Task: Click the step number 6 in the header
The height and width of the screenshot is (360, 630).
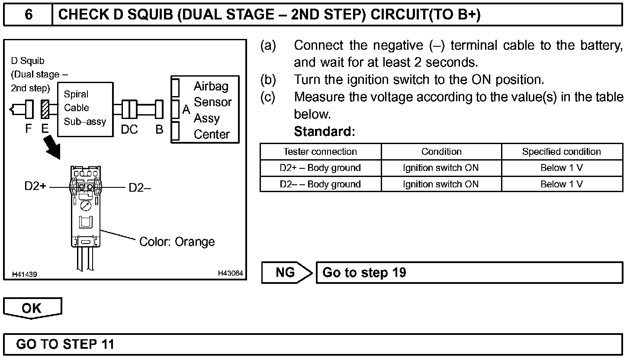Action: [28, 15]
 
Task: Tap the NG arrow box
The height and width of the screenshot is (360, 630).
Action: [286, 273]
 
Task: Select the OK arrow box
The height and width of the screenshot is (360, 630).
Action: [32, 308]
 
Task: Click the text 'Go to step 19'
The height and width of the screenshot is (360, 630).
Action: [364, 273]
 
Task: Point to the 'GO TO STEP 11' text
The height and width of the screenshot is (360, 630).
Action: [65, 344]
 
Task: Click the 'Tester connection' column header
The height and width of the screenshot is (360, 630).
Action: [320, 152]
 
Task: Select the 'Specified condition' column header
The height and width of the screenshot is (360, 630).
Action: [561, 152]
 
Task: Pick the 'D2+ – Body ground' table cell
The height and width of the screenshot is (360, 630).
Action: [320, 168]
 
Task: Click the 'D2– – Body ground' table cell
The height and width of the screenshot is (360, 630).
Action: [320, 184]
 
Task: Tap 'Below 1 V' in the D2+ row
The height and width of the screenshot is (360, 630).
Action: [561, 168]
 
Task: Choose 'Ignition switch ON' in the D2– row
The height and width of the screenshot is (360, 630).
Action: [440, 184]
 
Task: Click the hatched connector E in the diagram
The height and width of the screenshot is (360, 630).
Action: [45, 109]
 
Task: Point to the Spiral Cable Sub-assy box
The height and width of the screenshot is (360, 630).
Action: [85, 108]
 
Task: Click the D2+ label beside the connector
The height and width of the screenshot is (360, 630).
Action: [35, 187]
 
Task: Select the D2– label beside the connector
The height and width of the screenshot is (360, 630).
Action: [140, 187]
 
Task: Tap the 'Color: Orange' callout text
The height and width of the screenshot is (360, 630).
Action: [177, 241]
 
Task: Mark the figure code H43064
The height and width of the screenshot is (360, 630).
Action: [231, 273]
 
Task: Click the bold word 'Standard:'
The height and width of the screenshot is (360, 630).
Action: [324, 132]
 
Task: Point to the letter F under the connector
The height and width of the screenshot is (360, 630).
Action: [29, 129]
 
